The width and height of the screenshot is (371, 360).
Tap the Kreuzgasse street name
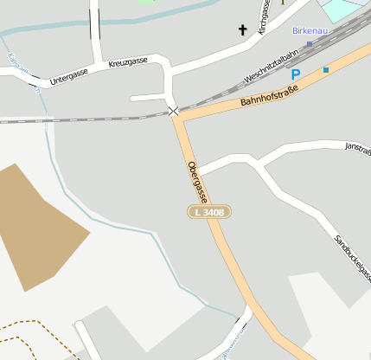click(127, 62)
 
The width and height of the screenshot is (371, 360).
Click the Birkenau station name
click(310, 30)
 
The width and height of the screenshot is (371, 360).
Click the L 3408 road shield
click(209, 212)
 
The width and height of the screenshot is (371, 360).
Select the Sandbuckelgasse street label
click(351, 258)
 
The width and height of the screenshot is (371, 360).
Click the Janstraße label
click(357, 146)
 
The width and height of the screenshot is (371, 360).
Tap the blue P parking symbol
click(295, 75)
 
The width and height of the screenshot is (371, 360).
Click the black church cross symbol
click(243, 30)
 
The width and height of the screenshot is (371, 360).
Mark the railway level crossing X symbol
click(175, 112)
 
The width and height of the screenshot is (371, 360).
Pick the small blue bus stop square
click(326, 69)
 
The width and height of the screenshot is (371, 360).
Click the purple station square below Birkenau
click(310, 43)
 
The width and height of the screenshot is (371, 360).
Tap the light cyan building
click(342, 9)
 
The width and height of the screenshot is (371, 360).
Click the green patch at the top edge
click(147, 2)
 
